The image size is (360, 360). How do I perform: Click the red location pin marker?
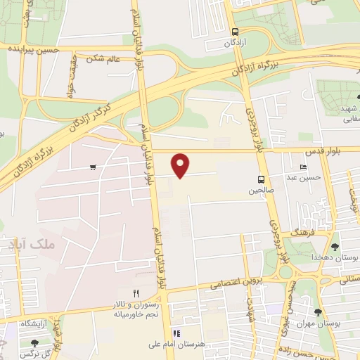click(181, 165)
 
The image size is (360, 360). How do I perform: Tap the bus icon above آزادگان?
click(235, 31)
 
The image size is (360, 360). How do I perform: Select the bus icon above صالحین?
click(261, 179)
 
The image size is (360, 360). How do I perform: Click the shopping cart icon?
click(93, 167)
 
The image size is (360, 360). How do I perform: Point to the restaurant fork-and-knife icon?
click(136, 293)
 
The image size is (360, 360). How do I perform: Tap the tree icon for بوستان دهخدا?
click(333, 247)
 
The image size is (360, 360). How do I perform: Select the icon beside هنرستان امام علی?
click(176, 333)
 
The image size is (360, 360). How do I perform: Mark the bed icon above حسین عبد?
click(303, 167)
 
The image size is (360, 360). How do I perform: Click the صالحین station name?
click(260, 191)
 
